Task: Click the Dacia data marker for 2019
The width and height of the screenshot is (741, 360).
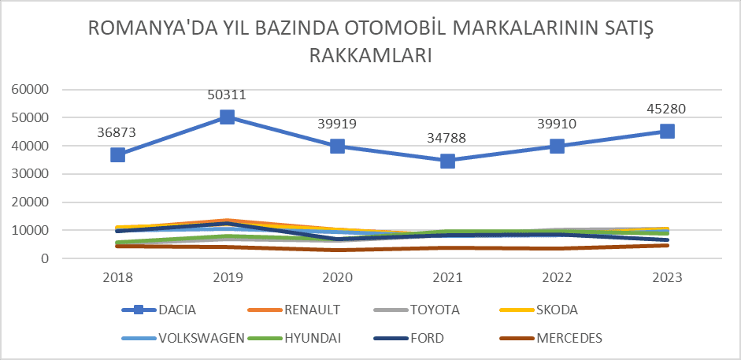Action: tap(228, 117)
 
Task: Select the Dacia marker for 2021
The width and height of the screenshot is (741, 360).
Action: tap(447, 161)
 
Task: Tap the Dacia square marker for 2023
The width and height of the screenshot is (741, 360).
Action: tap(667, 132)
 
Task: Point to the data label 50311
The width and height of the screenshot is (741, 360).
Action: tap(228, 95)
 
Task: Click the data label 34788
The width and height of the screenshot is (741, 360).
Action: tap(447, 139)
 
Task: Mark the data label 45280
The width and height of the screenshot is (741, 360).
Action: tap(667, 109)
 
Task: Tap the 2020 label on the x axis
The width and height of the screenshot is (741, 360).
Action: tap(337, 277)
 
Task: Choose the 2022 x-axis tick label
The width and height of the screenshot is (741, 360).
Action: tap(557, 277)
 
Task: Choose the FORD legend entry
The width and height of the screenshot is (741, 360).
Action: tap(428, 339)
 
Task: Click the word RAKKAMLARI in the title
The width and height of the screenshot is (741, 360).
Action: tap(371, 56)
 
